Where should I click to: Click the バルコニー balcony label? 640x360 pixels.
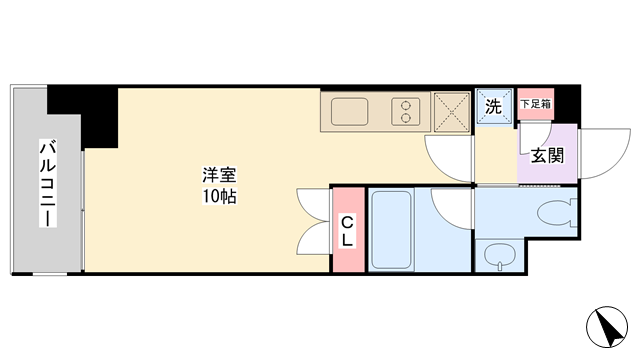tap(48, 183)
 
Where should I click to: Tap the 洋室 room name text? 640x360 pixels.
tap(219, 175)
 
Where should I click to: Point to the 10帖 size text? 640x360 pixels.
tap(219, 196)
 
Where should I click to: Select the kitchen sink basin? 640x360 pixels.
tap(349, 111)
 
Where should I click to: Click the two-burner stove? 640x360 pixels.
tap(405, 111)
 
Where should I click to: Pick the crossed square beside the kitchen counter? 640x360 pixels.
tap(451, 112)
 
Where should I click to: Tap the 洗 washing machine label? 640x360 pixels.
tap(493, 107)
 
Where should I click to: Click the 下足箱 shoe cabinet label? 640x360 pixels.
tap(536, 104)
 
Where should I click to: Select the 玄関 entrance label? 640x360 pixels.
tap(547, 156)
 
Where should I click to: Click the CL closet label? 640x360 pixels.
tap(347, 231)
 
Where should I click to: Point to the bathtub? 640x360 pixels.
tap(391, 229)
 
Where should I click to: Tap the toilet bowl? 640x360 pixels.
tap(557, 212)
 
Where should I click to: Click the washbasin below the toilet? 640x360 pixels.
tap(500, 256)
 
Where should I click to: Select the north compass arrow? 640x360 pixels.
tap(607, 327)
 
